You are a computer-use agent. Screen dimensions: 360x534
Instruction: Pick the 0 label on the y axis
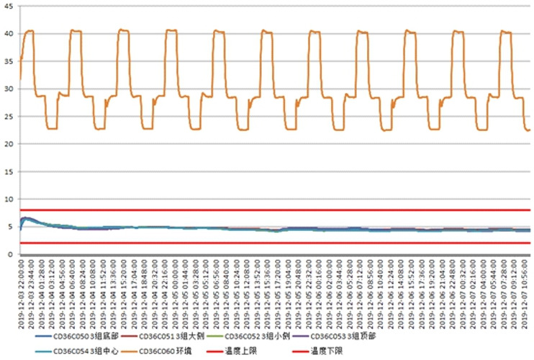point(11,255)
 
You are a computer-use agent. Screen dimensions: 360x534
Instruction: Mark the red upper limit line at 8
point(273,210)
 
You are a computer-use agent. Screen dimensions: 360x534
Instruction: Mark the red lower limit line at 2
point(273,243)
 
